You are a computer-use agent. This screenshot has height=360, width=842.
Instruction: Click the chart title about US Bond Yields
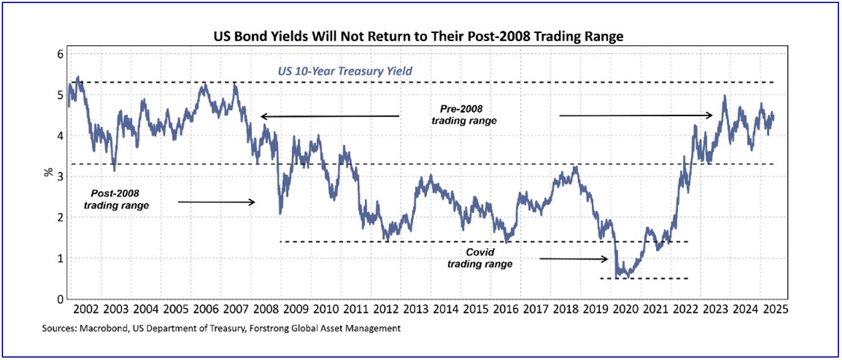tap(418, 37)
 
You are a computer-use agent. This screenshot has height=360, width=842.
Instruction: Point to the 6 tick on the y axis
tap(60, 54)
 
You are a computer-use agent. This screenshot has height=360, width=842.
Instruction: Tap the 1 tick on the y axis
tap(60, 259)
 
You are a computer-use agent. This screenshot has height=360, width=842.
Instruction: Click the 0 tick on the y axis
tap(60, 299)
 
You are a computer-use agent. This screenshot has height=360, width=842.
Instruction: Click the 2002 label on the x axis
tap(87, 309)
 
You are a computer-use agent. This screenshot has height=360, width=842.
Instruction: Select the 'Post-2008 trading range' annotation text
tap(116, 200)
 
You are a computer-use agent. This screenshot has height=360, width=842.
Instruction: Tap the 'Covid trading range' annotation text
tap(480, 258)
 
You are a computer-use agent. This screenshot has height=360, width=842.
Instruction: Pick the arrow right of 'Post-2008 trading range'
tap(216, 202)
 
